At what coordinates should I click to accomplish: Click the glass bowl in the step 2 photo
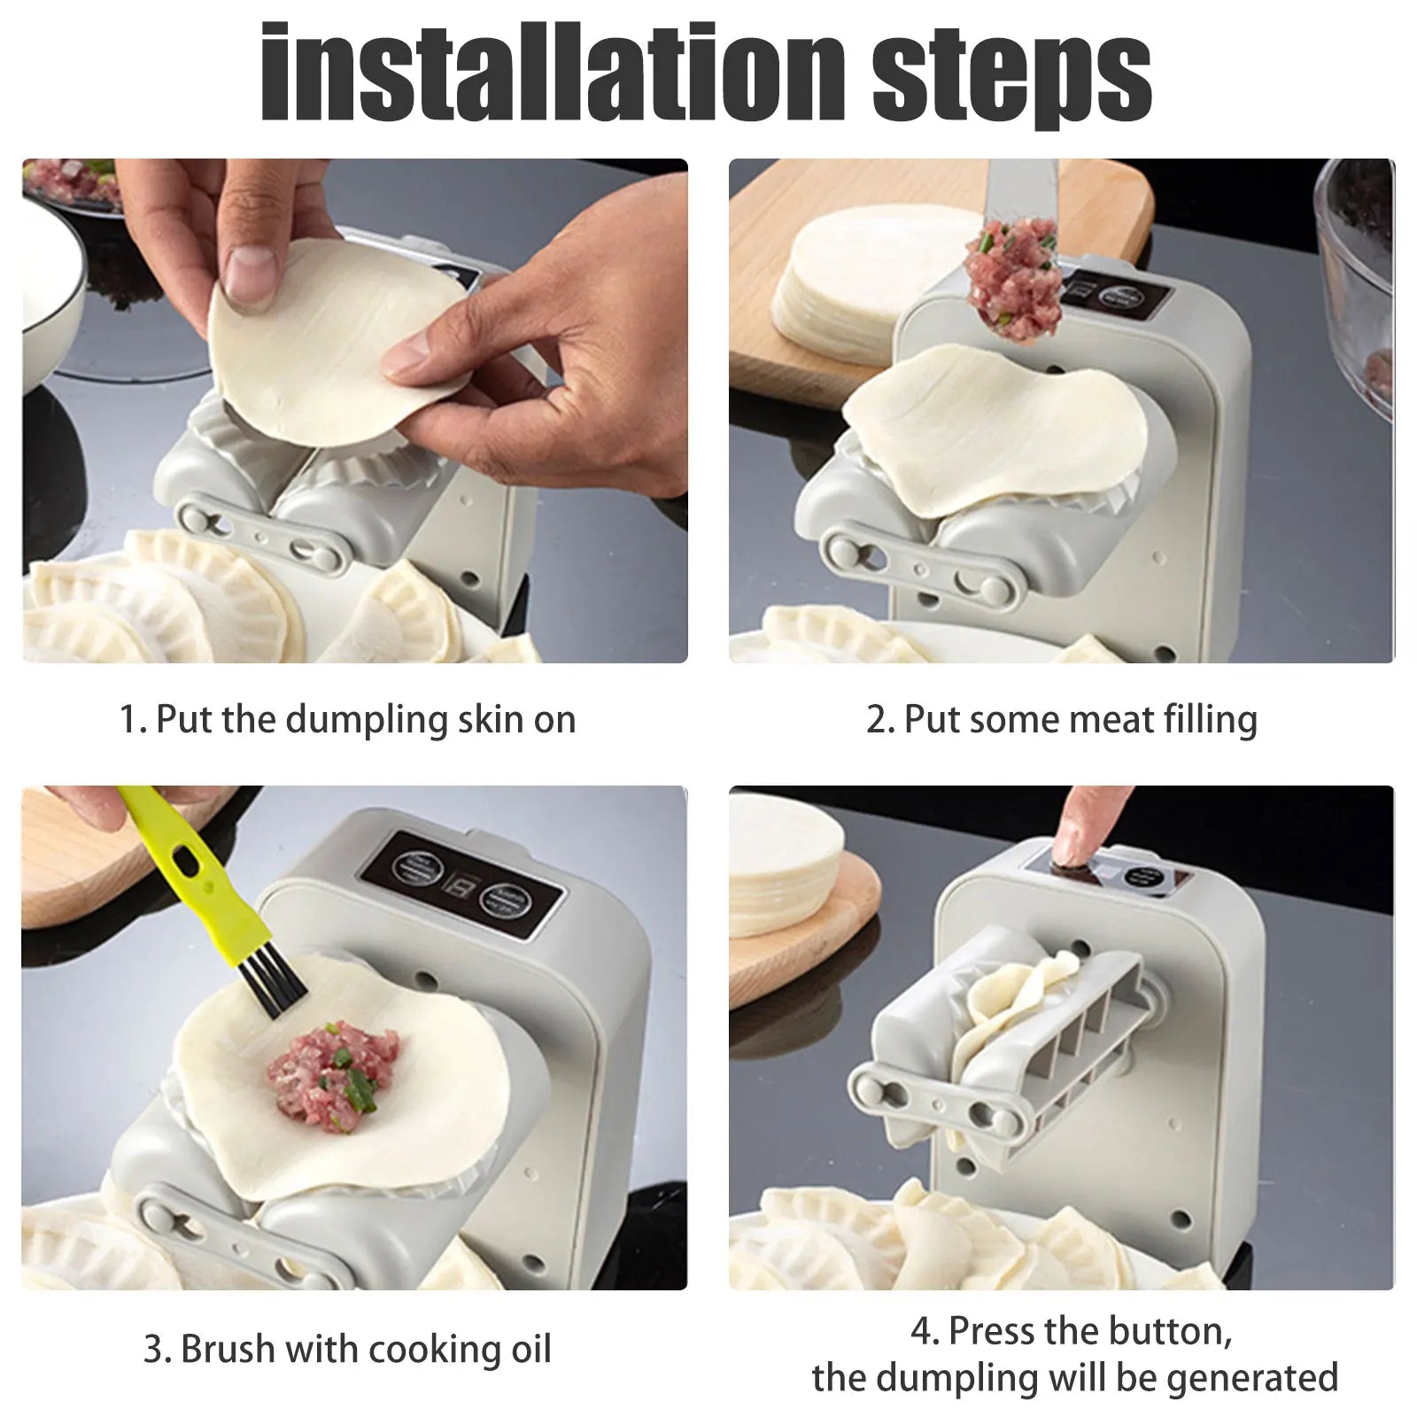coord(1359,283)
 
